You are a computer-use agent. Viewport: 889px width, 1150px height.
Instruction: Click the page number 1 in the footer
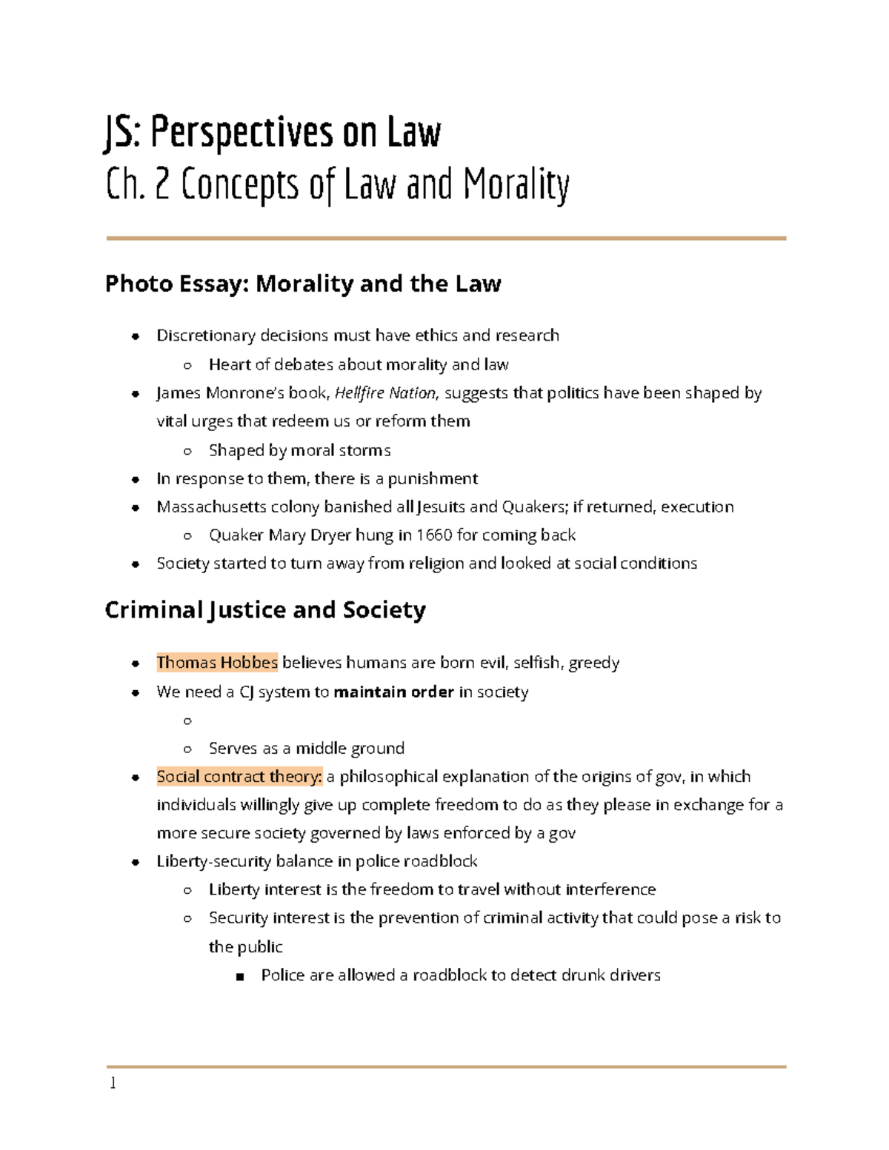113,1083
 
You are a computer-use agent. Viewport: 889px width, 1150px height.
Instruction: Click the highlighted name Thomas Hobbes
217,662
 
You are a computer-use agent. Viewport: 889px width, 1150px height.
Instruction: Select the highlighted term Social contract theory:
239,776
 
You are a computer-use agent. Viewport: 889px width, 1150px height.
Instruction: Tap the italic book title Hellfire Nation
385,393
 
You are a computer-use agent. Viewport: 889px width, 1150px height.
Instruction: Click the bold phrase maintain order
393,692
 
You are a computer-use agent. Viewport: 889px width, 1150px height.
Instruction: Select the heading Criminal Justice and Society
265,609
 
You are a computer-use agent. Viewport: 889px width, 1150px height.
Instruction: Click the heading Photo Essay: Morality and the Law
303,284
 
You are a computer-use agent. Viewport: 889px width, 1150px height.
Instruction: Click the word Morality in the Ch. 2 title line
516,184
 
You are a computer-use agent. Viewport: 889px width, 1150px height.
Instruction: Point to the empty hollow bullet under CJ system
187,721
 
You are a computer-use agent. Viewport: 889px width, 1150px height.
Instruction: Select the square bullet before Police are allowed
239,976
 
